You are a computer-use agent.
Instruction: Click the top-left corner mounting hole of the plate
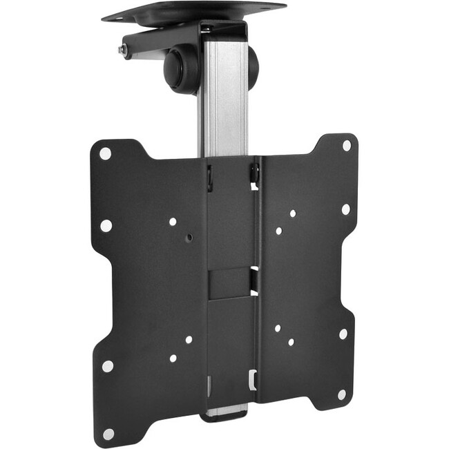click(x=105, y=153)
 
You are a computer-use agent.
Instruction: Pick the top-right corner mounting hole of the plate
click(x=347, y=146)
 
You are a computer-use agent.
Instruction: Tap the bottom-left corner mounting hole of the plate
click(x=108, y=433)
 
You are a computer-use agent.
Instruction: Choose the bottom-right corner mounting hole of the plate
click(x=341, y=394)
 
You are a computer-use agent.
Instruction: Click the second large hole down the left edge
click(x=106, y=225)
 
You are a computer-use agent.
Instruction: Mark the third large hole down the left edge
click(x=108, y=365)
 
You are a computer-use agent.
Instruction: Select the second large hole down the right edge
click(x=345, y=209)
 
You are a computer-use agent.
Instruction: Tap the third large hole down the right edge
click(x=343, y=334)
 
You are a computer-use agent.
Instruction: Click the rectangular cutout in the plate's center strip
click(x=230, y=283)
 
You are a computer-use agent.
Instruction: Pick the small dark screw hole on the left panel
click(x=189, y=237)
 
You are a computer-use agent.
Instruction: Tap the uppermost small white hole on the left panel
click(x=173, y=222)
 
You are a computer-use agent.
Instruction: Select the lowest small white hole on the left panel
click(x=173, y=359)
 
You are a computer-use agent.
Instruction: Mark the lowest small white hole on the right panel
click(x=291, y=342)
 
